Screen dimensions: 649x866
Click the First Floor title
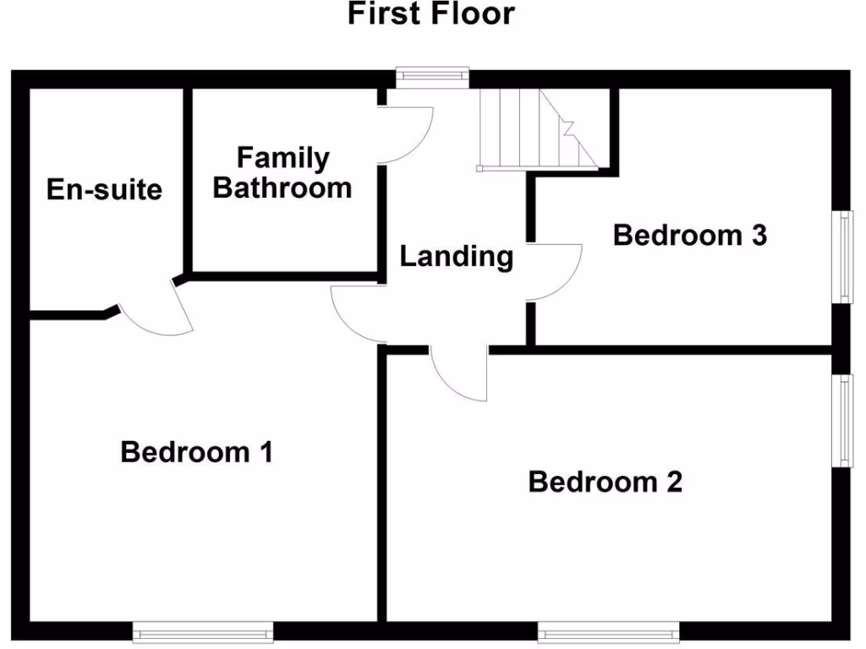click(x=431, y=14)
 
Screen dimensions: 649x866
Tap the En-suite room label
click(x=104, y=188)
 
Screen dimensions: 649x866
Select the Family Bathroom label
click(x=282, y=172)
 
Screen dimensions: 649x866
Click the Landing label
click(x=456, y=256)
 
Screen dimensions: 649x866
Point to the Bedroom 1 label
click(x=196, y=452)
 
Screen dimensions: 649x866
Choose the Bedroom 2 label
click(x=605, y=482)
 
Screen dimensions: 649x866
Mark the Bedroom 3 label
click(x=689, y=235)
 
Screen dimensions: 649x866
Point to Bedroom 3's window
click(x=843, y=255)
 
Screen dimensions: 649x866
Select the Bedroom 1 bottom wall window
click(x=203, y=630)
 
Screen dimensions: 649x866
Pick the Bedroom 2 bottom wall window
click(x=609, y=630)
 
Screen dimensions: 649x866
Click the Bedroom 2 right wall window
click(x=843, y=419)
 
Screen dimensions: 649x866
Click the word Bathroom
click(x=282, y=187)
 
